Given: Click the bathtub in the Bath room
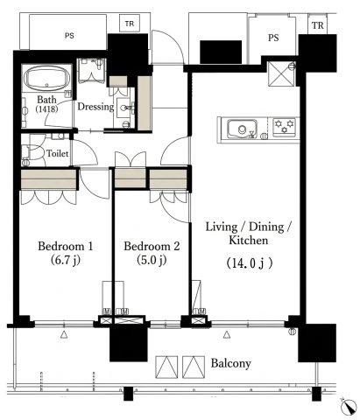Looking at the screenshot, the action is pos(46,79).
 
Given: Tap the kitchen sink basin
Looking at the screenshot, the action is pos(243,129).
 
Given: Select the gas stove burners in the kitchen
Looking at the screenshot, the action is pos(284,127).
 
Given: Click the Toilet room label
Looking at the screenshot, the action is pos(58,153).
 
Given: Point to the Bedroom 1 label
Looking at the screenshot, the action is pos(66,246).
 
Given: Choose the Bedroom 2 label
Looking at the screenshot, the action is pos(152,246).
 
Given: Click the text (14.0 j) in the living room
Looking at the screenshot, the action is pos(250,263).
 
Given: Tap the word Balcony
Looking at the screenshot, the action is pos(230,363).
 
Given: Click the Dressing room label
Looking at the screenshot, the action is pos(95,107).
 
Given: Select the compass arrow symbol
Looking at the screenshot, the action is pos(349,407).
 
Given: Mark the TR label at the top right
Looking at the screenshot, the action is pos(318,25).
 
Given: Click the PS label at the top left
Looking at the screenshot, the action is pos(69,36).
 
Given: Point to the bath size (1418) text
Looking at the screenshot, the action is pos(46,108).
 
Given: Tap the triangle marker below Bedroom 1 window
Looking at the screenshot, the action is pos(64,335).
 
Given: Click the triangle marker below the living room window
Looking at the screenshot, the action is pos(227,335).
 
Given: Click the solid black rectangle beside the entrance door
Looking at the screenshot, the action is pos(221,52).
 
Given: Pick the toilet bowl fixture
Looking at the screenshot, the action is pos(32,152).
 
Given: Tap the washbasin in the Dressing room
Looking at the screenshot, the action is pos(126,108).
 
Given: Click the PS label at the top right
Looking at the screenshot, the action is pos(273,38).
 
